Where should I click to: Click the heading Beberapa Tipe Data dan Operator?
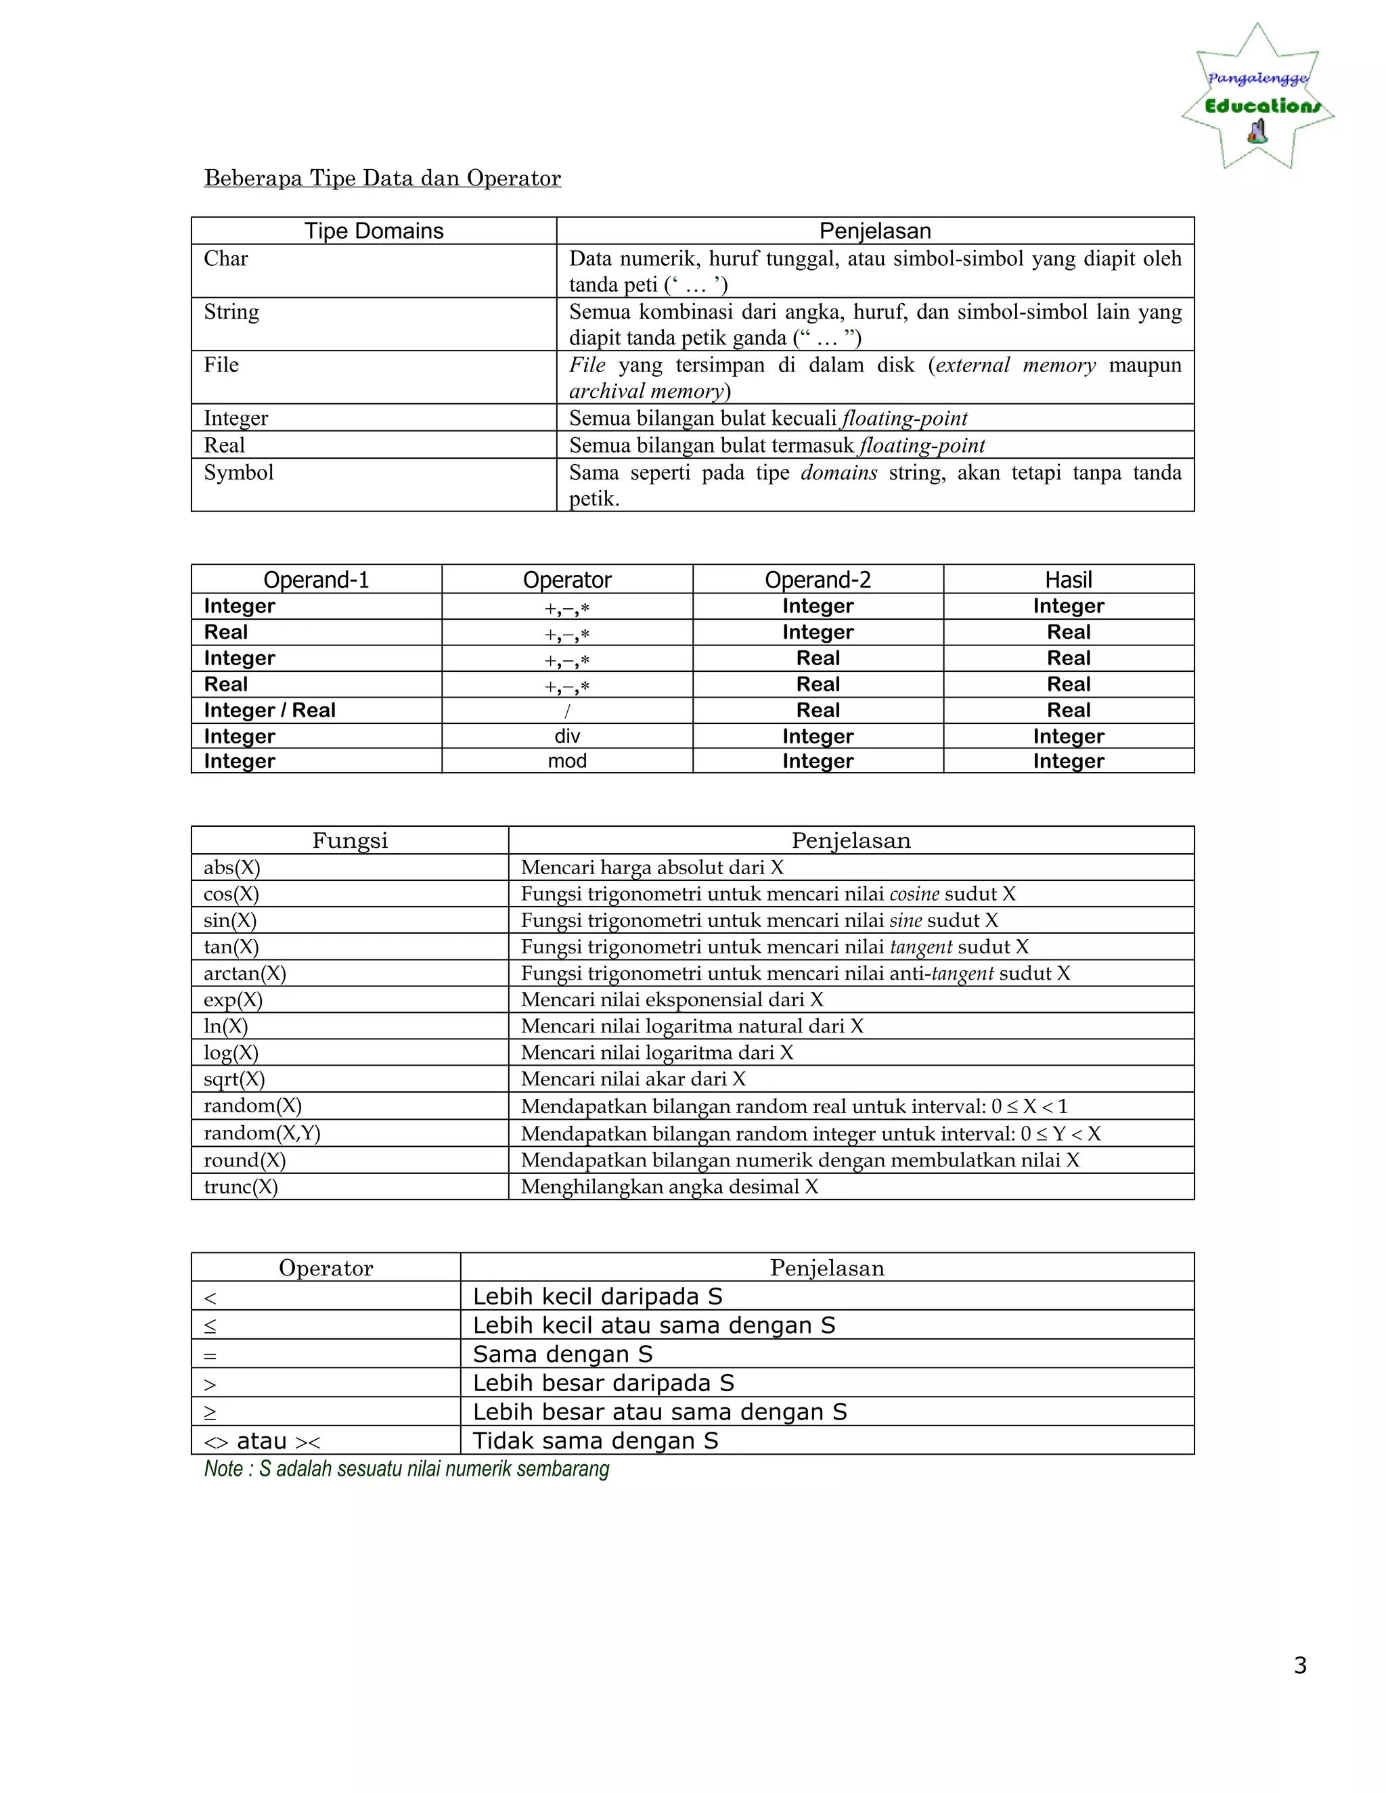point(382,178)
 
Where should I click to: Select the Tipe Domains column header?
point(374,231)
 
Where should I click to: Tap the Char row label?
point(226,258)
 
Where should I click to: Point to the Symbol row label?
point(238,473)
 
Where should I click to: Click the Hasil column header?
point(1068,580)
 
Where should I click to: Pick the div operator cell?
point(566,736)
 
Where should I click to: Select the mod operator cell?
point(566,761)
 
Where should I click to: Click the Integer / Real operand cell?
point(269,710)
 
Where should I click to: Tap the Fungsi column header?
point(350,840)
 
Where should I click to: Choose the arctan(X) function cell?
point(245,974)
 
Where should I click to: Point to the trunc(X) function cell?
point(240,1187)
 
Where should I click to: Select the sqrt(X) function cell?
point(234,1080)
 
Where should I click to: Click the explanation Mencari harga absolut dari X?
point(652,868)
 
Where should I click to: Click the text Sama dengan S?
point(562,1354)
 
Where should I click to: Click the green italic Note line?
point(407,1469)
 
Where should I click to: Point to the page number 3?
point(1300,1665)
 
